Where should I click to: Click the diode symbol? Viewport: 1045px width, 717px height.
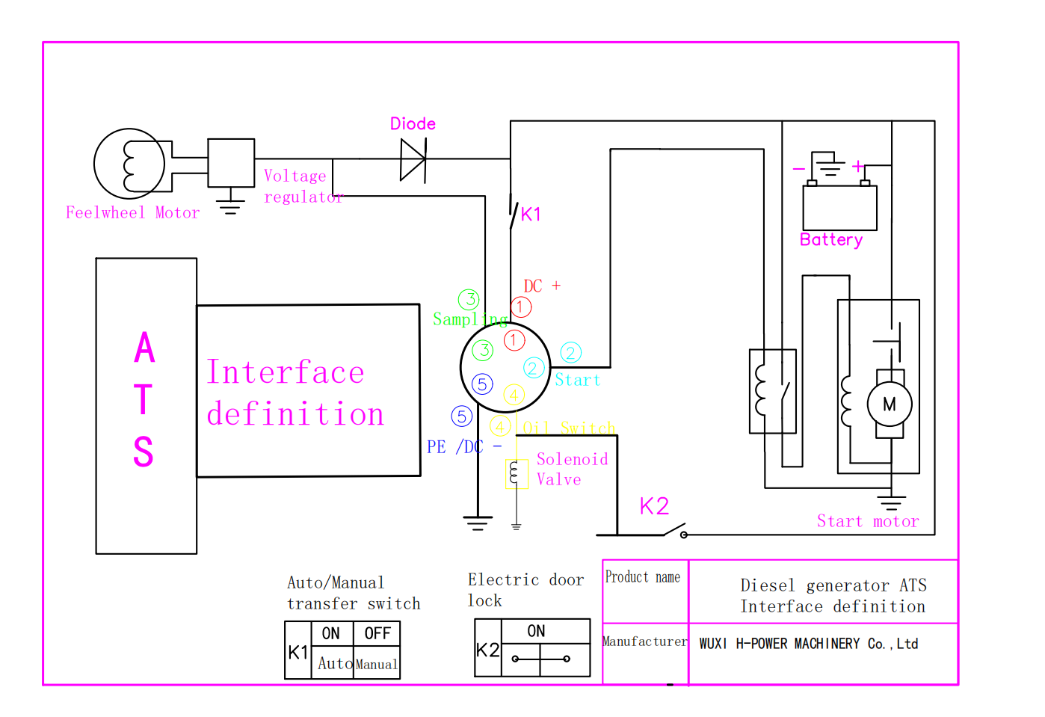tap(413, 159)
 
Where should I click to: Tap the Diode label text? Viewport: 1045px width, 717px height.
tap(413, 123)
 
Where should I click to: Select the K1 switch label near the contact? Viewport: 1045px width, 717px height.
tap(531, 215)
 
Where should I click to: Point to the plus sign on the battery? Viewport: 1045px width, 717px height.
tap(858, 166)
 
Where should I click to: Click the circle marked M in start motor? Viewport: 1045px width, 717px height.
tap(890, 404)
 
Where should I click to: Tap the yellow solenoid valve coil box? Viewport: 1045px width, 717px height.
tap(517, 474)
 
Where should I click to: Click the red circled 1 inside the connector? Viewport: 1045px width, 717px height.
tap(514, 340)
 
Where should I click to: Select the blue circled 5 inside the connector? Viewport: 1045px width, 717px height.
tap(482, 384)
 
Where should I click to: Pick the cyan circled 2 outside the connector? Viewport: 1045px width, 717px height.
tap(570, 353)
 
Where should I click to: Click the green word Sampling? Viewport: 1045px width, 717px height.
tap(470, 319)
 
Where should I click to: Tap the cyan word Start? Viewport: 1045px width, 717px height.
tap(578, 380)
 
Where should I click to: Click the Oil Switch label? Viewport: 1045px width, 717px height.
tap(569, 428)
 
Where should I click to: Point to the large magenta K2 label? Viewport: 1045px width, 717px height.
tap(654, 506)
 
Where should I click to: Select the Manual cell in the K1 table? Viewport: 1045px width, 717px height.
tap(377, 663)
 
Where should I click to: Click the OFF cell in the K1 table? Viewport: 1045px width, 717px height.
tap(377, 633)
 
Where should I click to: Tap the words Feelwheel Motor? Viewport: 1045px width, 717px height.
tap(132, 213)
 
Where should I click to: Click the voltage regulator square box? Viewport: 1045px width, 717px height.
tap(231, 163)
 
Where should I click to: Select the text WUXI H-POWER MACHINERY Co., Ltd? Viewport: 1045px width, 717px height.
tap(809, 644)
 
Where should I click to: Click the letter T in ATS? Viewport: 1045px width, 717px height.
tap(144, 399)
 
